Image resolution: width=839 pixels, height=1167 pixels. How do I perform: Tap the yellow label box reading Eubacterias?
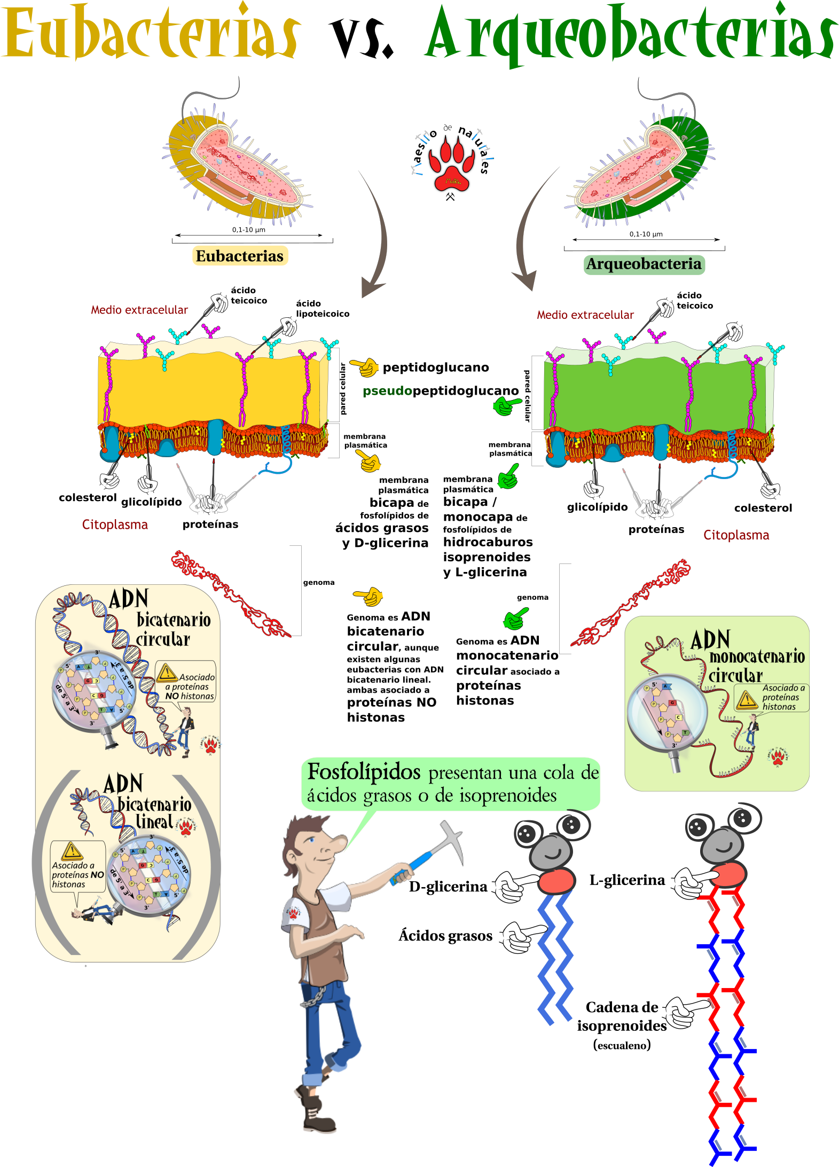[x=240, y=256]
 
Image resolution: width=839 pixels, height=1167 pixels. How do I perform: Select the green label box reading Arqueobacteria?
[x=644, y=264]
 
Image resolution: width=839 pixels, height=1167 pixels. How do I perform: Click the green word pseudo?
[x=387, y=391]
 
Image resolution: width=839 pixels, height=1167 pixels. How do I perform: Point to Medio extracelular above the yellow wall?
[x=139, y=310]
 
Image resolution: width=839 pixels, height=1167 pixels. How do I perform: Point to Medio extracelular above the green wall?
[x=585, y=315]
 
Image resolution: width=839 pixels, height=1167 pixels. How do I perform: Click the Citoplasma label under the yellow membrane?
[x=115, y=524]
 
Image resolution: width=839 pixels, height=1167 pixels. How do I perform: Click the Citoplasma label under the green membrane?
[x=736, y=535]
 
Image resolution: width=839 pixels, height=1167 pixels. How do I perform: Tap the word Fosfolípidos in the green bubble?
[x=364, y=773]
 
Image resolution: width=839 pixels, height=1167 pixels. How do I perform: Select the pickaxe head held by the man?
[x=452, y=836]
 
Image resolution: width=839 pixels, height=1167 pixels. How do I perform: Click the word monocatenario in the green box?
[x=757, y=657]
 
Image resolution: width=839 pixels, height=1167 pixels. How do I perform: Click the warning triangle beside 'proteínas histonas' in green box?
[x=747, y=699]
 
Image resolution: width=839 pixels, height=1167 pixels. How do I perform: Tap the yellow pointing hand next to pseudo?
[x=365, y=367]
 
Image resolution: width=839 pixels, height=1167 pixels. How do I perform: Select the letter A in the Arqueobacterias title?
[x=443, y=35]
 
